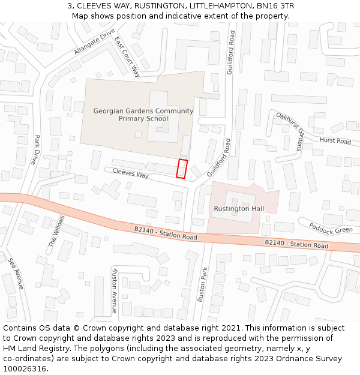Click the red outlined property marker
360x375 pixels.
pyautogui.click(x=182, y=169)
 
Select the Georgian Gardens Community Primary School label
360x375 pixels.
pyautogui.click(x=143, y=115)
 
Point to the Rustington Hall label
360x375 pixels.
pyautogui.click(x=239, y=208)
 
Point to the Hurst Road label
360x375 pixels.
pyautogui.click(x=335, y=140)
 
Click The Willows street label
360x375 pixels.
pyautogui.click(x=56, y=231)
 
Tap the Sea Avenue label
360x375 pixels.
pyautogui.click(x=16, y=274)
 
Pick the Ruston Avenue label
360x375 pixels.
pyautogui.click(x=113, y=290)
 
